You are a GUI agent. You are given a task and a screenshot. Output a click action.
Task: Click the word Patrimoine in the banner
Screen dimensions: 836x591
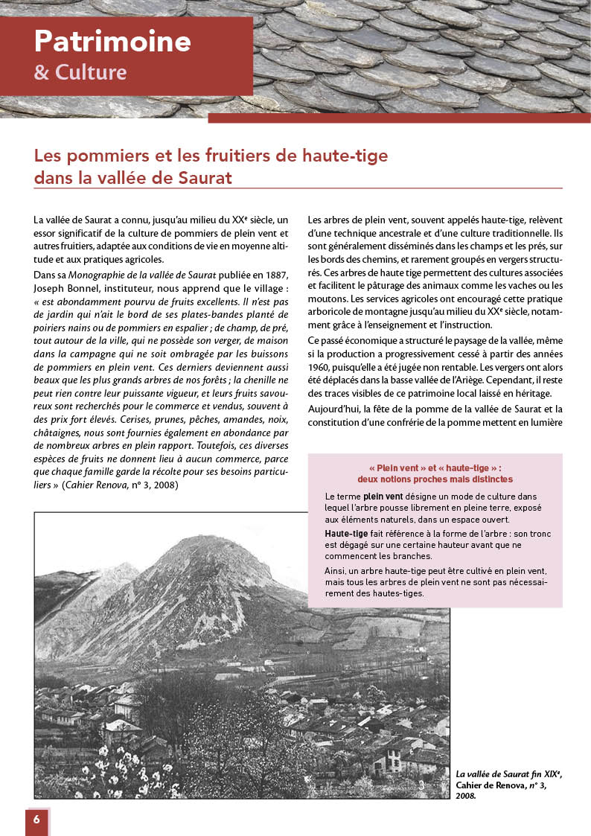[112, 41]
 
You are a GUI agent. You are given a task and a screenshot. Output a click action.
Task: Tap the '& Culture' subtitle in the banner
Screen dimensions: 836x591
[80, 72]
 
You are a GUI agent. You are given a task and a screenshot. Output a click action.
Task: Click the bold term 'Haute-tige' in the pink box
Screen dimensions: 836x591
[346, 535]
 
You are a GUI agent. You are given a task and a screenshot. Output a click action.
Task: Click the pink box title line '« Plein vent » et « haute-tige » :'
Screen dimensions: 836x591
[435, 468]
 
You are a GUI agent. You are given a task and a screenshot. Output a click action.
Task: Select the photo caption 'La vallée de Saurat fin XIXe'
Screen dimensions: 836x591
[508, 774]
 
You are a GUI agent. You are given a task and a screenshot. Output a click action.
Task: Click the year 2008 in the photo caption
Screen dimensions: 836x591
[466, 795]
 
